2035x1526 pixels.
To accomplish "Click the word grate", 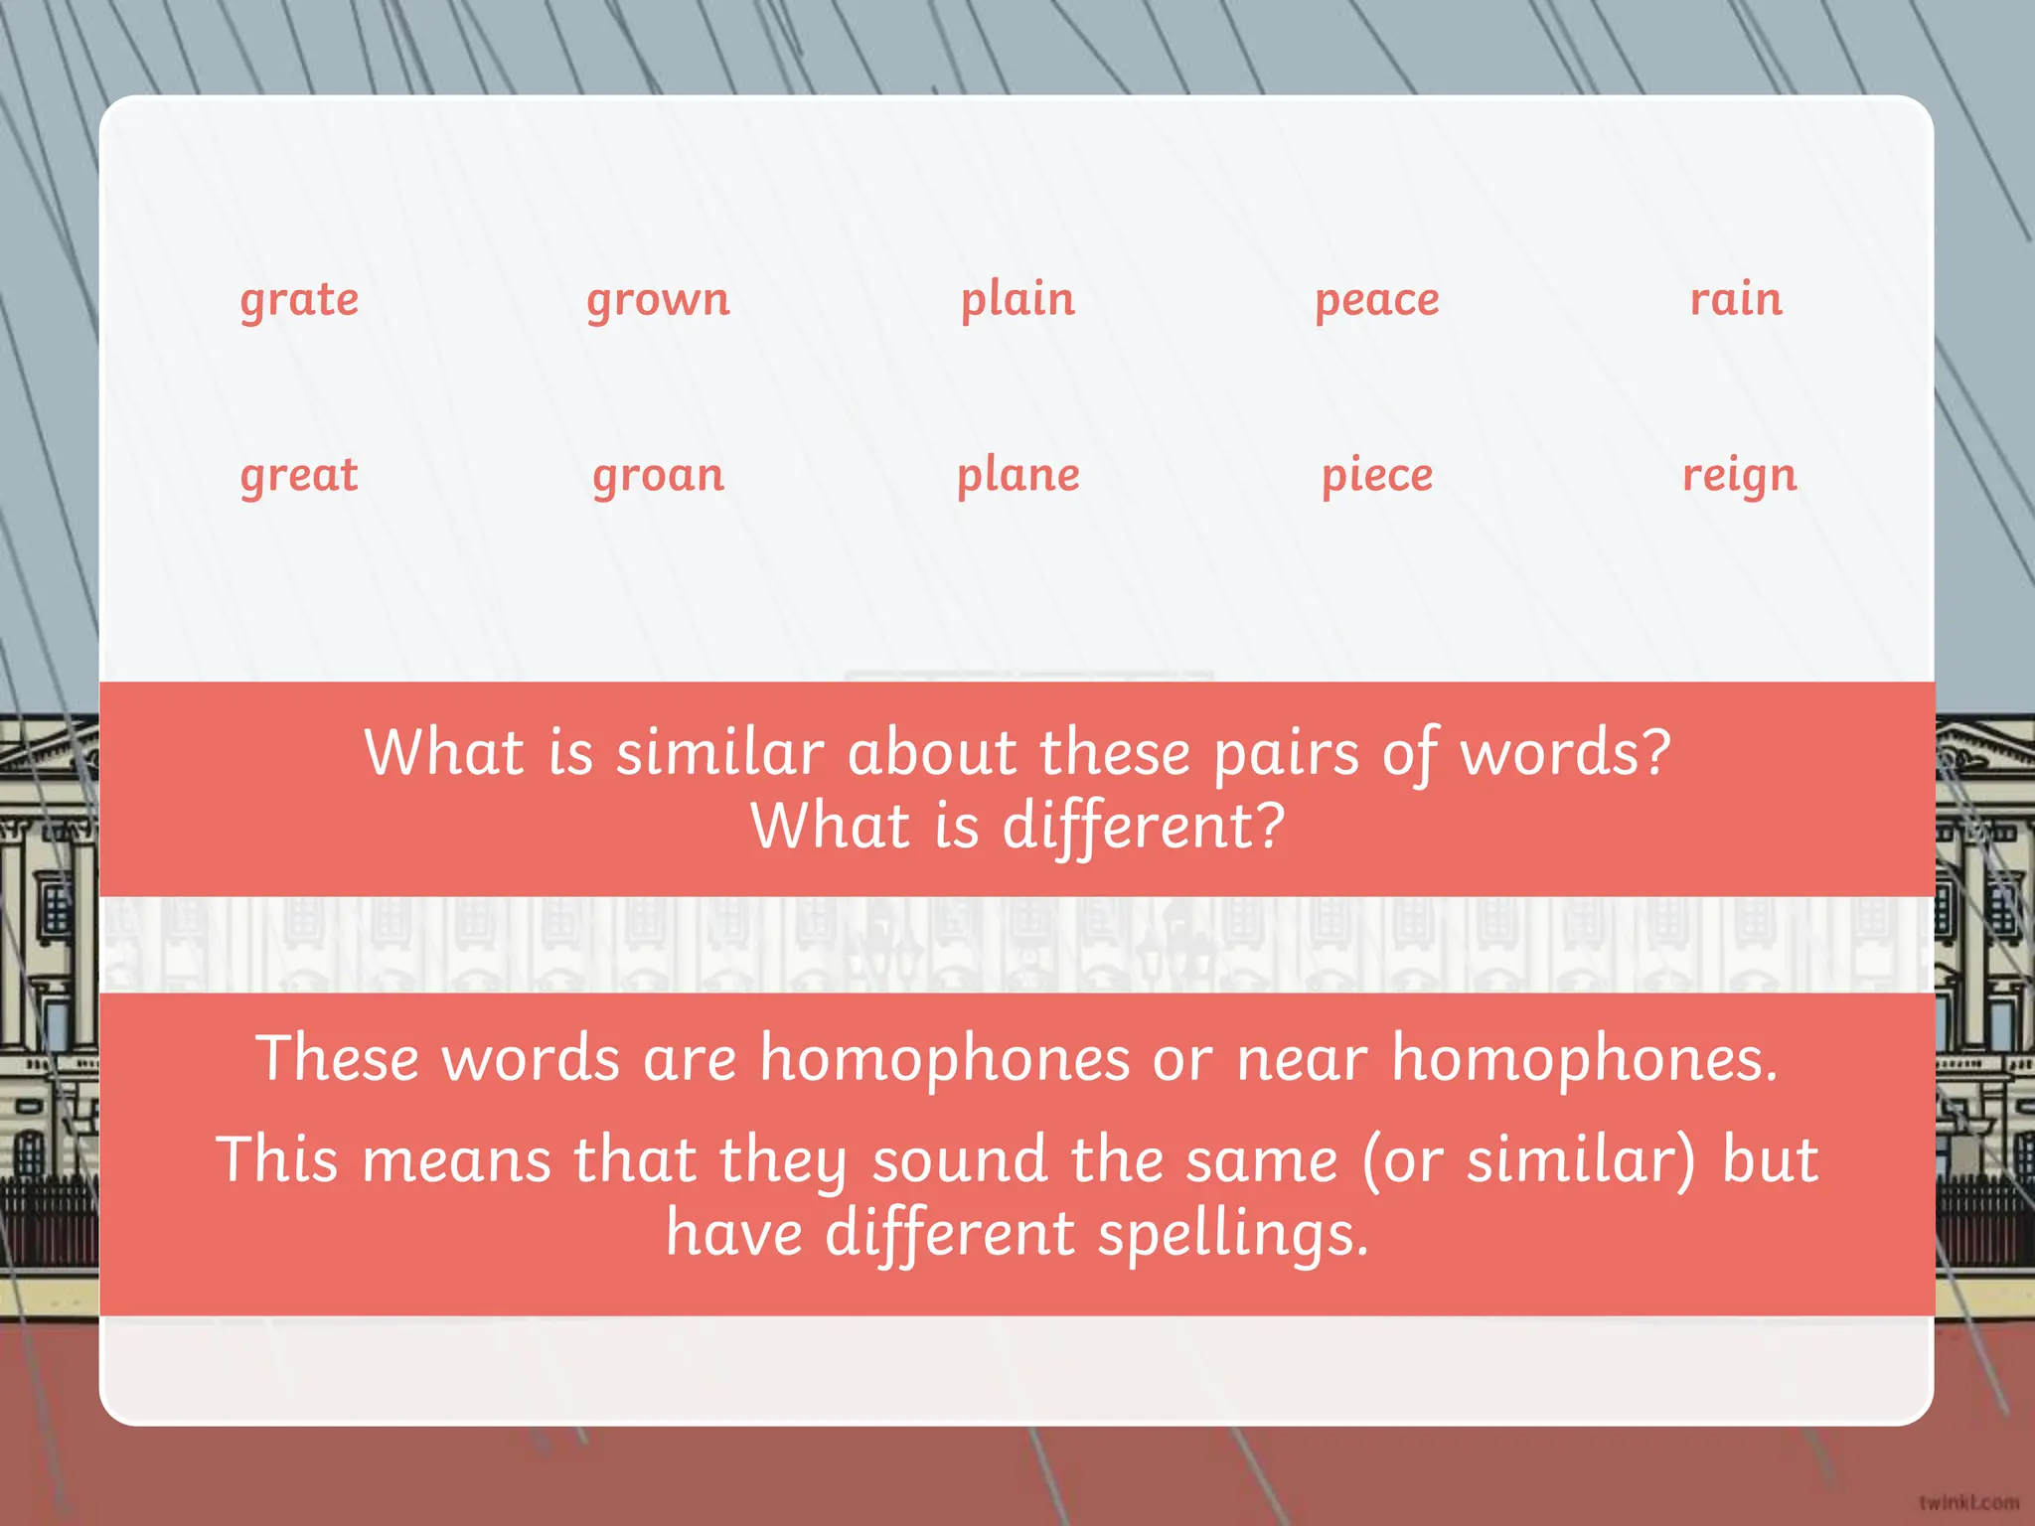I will pyautogui.click(x=299, y=300).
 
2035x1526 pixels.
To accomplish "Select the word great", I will pyautogui.click(x=299, y=476).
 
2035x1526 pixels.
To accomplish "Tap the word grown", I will pyautogui.click(x=658, y=300).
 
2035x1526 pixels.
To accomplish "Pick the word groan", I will pyautogui.click(x=658, y=476).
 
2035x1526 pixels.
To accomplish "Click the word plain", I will pyautogui.click(x=1017, y=300).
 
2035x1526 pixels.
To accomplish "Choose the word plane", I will pyautogui.click(x=1017, y=476).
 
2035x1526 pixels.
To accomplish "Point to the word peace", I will pyautogui.click(x=1376, y=300).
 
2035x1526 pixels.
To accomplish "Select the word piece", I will pyautogui.click(x=1376, y=476).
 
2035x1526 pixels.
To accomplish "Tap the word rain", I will pyautogui.click(x=1736, y=298).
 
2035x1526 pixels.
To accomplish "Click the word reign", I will pyautogui.click(x=1739, y=476).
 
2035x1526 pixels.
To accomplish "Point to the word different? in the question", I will pyautogui.click(x=1143, y=828).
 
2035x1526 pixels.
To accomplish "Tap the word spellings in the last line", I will pyautogui.click(x=1232, y=1235).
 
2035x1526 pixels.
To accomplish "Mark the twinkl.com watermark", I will pyautogui.click(x=1968, y=1502).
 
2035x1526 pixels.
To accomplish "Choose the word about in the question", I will pyautogui.click(x=931, y=752).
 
